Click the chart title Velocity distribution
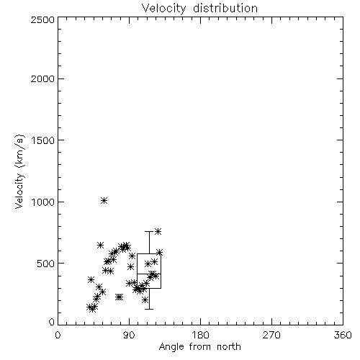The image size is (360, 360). (199, 9)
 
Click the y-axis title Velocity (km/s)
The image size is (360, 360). (19, 171)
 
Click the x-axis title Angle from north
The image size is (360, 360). (199, 347)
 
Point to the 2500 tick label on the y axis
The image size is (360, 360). (42, 19)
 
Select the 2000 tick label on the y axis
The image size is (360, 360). (42, 78)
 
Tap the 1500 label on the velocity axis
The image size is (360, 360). (43, 140)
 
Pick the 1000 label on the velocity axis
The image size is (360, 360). (43, 202)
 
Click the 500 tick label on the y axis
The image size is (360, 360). (46, 264)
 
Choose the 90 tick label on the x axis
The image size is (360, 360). (129, 335)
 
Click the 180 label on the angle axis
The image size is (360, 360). (200, 335)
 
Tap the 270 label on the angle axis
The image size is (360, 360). (271, 335)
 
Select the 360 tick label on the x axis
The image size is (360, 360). (343, 335)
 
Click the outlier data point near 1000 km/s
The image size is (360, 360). (104, 200)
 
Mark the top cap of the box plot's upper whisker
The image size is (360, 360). (149, 231)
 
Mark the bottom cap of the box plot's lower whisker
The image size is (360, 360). (149, 309)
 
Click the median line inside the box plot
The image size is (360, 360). (149, 274)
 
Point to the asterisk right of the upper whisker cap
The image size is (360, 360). (158, 231)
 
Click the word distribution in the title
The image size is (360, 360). (225, 9)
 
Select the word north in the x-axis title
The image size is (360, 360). (229, 347)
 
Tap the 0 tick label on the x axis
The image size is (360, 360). (58, 335)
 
